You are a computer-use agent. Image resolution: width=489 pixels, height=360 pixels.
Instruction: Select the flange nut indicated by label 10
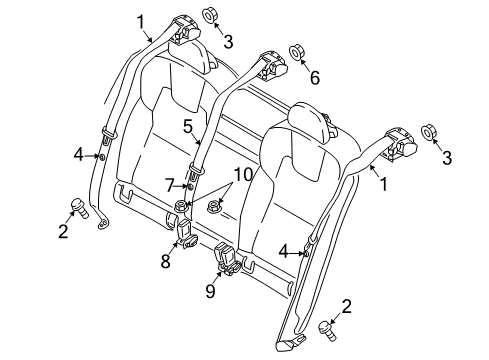click(213, 208)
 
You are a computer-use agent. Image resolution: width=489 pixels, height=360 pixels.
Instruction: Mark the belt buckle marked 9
click(229, 261)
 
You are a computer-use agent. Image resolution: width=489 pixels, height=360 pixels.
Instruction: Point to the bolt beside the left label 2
click(75, 207)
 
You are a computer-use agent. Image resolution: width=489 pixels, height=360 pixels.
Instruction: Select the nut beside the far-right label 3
click(428, 132)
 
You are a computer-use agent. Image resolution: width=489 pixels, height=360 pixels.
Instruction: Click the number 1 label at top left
click(142, 20)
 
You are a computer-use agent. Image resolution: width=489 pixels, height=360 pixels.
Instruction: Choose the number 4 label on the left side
click(78, 155)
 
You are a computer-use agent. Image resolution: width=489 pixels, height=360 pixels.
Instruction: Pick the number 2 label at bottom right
click(346, 306)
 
